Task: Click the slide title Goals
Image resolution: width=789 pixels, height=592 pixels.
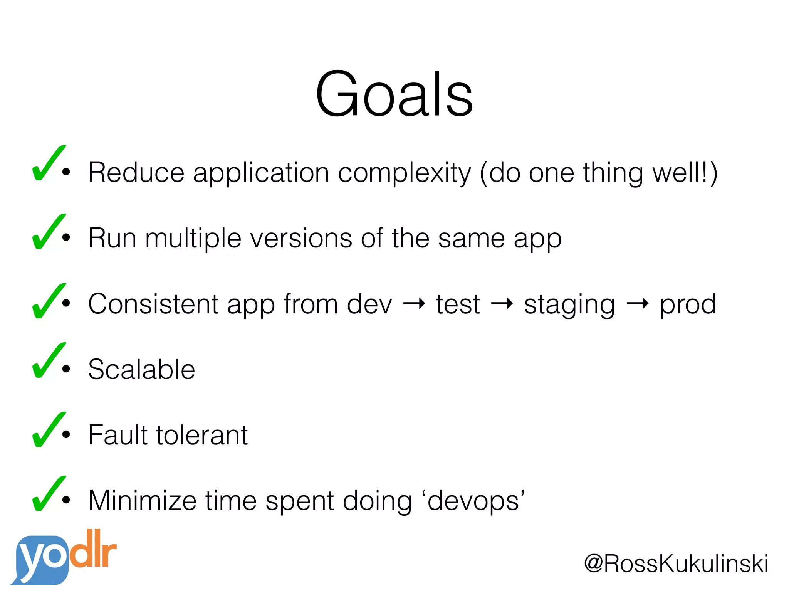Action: click(394, 94)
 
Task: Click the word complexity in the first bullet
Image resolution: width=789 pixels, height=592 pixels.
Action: click(404, 173)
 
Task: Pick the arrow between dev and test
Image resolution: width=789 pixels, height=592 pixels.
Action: click(414, 304)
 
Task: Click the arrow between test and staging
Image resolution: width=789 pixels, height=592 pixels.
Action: click(502, 304)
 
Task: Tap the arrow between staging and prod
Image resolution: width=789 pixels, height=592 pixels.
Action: click(638, 304)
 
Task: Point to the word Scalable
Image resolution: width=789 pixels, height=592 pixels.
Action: click(141, 369)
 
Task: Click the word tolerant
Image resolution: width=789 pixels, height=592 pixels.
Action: click(202, 435)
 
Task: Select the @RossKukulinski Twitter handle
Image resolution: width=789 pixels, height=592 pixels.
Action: click(676, 564)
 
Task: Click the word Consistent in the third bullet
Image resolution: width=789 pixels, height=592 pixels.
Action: click(153, 304)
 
